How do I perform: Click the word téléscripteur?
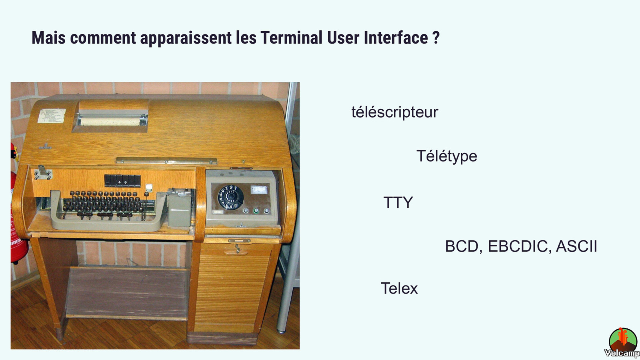394,112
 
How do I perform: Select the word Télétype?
446,156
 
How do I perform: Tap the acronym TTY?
398,202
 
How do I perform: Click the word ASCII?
576,246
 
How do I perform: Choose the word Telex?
399,288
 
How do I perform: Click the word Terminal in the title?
292,38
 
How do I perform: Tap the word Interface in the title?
396,38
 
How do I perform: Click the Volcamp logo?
622,343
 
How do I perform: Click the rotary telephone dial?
230,197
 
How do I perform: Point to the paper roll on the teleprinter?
110,122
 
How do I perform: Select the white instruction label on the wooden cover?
52,116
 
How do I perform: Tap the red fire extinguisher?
18,217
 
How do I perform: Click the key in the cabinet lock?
238,248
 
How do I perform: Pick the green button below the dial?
256,211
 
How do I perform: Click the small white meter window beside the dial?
259,190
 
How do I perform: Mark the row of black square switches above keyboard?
122,181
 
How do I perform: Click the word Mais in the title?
48,38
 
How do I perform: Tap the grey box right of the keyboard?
179,208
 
